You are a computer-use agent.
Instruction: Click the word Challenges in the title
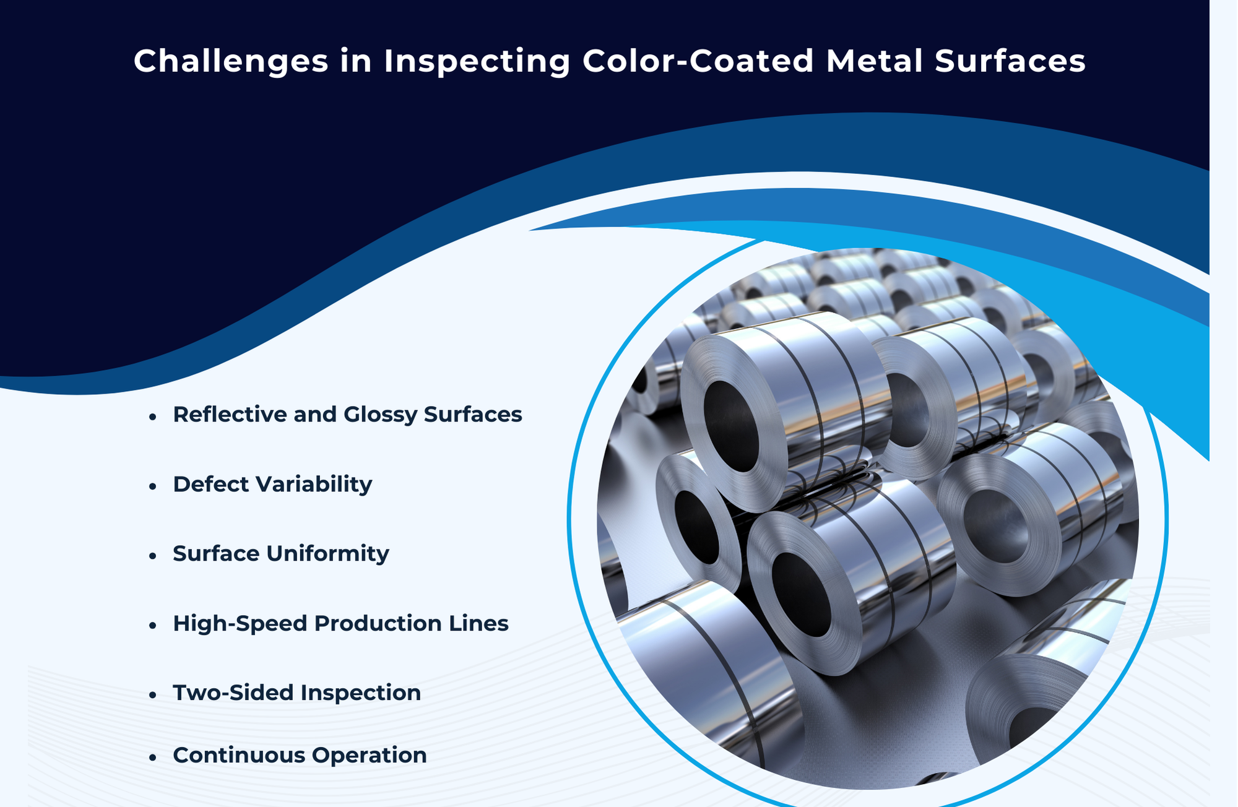click(x=231, y=61)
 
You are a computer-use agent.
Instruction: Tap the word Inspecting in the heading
click(x=477, y=61)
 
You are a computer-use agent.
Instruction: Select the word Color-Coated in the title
click(x=698, y=61)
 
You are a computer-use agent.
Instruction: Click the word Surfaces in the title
click(x=1010, y=61)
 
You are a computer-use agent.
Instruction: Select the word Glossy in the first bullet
click(x=381, y=414)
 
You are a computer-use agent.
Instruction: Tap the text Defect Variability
click(x=272, y=484)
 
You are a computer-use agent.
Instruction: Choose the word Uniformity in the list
click(x=327, y=553)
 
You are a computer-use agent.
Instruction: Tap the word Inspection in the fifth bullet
click(x=360, y=693)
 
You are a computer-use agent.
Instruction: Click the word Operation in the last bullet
click(x=369, y=755)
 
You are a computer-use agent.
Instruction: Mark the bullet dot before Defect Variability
click(x=152, y=486)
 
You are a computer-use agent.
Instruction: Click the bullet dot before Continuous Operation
click(x=152, y=757)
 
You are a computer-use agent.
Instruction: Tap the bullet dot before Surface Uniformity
click(x=152, y=556)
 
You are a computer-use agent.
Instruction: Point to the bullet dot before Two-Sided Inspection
click(x=152, y=695)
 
